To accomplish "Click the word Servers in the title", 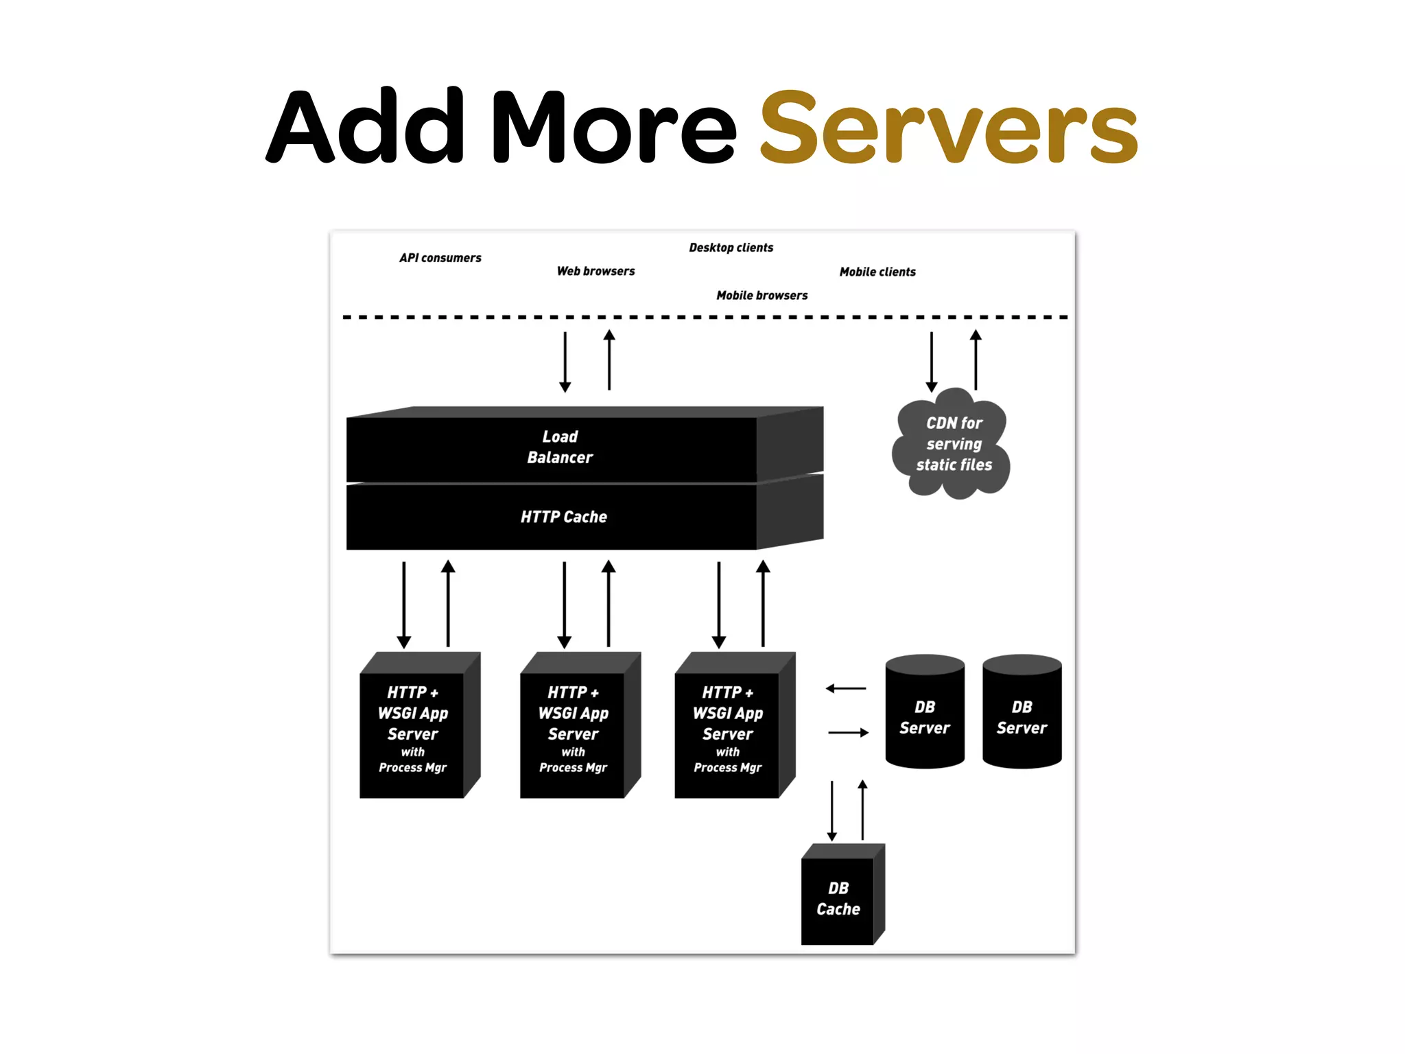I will tap(949, 128).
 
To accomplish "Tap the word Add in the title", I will tap(366, 127).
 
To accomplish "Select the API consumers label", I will tap(440, 258).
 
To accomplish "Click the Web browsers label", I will tap(595, 271).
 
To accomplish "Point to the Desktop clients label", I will tap(731, 248).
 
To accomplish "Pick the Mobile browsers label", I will tap(761, 295).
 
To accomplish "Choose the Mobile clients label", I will tap(877, 272).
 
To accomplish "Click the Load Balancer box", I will tap(559, 447).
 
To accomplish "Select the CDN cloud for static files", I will tap(953, 444).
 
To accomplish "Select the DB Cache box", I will tap(838, 898).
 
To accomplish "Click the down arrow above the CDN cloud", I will tap(931, 362).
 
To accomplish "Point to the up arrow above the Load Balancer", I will tap(609, 360).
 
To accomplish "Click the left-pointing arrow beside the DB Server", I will tap(846, 688).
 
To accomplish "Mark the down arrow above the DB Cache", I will tap(831, 810).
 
